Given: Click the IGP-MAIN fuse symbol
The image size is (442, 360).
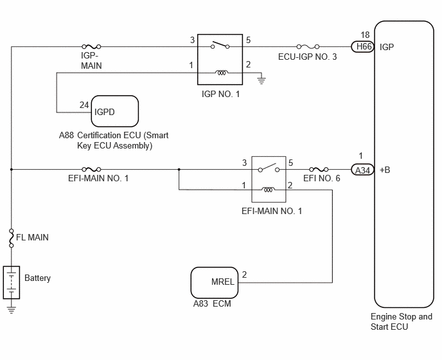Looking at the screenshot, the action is pyautogui.click(x=91, y=46).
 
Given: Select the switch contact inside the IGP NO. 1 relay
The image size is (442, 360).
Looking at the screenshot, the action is pyautogui.click(x=220, y=45).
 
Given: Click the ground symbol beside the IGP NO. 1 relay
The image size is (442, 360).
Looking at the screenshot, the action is pyautogui.click(x=261, y=80).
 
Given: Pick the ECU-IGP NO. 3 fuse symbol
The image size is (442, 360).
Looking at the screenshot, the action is pyautogui.click(x=308, y=46).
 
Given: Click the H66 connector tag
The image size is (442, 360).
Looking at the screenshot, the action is pyautogui.click(x=363, y=46).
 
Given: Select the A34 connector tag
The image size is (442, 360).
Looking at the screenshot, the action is pyautogui.click(x=363, y=170).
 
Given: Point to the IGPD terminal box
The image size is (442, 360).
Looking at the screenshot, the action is pyautogui.click(x=115, y=111).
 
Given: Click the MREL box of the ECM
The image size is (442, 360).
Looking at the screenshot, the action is pyautogui.click(x=215, y=283).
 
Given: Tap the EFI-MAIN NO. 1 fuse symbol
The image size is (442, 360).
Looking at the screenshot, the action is pyautogui.click(x=91, y=169).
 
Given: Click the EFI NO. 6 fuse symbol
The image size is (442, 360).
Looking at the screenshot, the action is pyautogui.click(x=319, y=169).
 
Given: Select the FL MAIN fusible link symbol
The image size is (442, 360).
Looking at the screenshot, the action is pyautogui.click(x=12, y=239).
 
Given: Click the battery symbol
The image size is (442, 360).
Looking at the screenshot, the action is pyautogui.click(x=12, y=282).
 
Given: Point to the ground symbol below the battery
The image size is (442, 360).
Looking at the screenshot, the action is pyautogui.click(x=12, y=310).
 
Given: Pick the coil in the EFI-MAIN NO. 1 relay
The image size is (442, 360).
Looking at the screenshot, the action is pyautogui.click(x=269, y=190).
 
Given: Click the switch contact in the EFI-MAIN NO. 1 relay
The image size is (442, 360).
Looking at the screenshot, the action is pyautogui.click(x=269, y=168).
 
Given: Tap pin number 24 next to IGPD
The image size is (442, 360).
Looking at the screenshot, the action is pyautogui.click(x=84, y=105).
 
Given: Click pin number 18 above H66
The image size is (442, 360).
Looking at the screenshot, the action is pyautogui.click(x=365, y=35).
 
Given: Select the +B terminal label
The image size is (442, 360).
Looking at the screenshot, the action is pyautogui.click(x=385, y=170).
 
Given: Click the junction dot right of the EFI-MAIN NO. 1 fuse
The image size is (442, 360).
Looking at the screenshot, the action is pyautogui.click(x=179, y=170).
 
